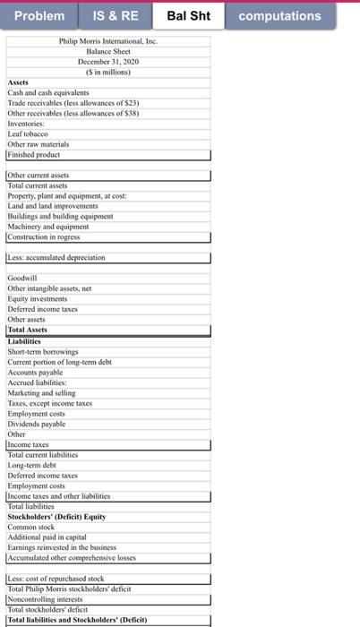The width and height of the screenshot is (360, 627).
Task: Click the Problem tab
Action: tap(39, 16)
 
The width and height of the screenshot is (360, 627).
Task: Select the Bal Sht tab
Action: tap(189, 16)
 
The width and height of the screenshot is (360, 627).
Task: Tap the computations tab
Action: tap(279, 16)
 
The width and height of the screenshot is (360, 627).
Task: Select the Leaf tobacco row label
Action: tap(28, 133)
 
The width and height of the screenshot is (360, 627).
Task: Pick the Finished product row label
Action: tap(33, 154)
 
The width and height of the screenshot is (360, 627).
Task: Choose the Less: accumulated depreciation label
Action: tap(56, 258)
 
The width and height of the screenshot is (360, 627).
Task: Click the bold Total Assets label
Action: tap(28, 330)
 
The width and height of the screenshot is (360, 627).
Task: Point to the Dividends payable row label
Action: tap(38, 423)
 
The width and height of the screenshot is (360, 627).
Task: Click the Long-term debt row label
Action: tap(34, 464)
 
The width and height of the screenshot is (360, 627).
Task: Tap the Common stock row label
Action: tap(32, 526)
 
